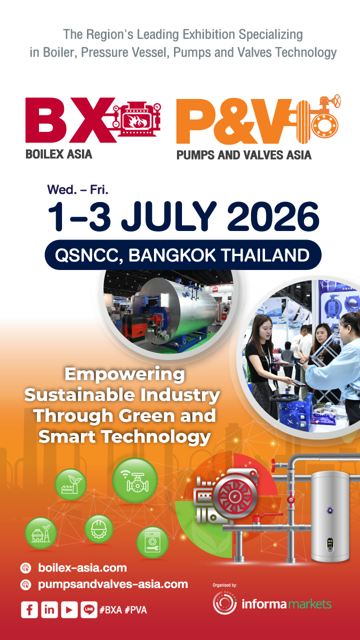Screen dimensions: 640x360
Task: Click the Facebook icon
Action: pos(29,609)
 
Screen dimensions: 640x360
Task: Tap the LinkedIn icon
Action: pos(49,609)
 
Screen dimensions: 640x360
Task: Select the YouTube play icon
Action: pos(69,609)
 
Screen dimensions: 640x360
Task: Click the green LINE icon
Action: pos(88,609)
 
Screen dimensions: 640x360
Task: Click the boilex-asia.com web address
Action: pos(82,567)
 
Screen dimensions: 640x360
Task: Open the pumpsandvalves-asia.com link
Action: pos(112,583)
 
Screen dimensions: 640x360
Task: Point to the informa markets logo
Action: pos(272,603)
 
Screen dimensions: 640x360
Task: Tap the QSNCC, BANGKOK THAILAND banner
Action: pos(182,255)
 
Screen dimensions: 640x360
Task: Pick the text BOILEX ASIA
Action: pos(58,153)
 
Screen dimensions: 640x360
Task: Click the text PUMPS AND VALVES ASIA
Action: pos(243,154)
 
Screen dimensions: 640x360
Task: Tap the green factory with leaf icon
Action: pos(70,484)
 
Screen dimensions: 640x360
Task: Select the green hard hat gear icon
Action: pos(98,529)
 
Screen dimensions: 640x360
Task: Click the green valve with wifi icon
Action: pos(134,480)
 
